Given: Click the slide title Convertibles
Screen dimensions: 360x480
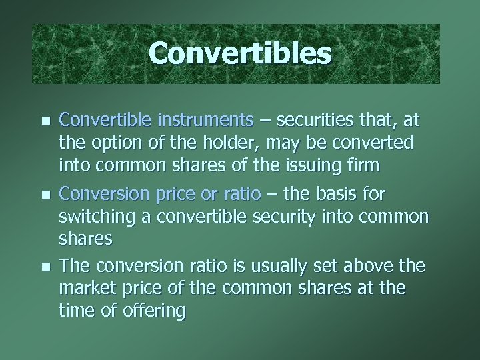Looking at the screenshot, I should click(239, 54).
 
